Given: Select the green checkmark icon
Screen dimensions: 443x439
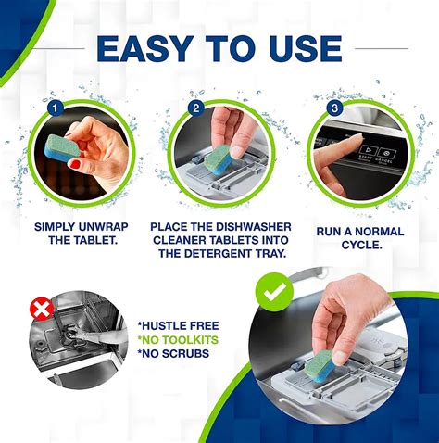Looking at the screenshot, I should [275, 295].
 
